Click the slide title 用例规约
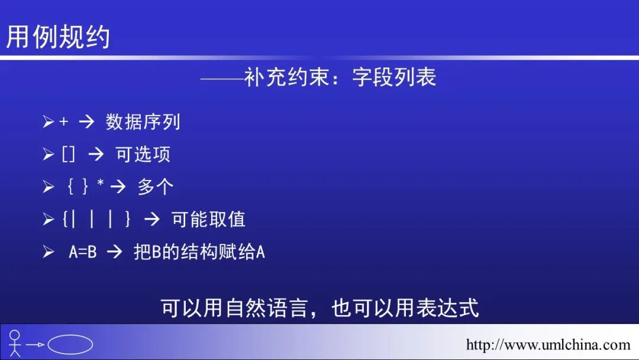[x=58, y=37]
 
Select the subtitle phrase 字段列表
[x=394, y=78]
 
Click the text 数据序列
[x=143, y=122]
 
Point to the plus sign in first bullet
[x=64, y=122]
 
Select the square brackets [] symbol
[x=69, y=155]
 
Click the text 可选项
[x=143, y=155]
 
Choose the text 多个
[x=156, y=187]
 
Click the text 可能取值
[x=208, y=220]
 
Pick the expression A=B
[x=82, y=252]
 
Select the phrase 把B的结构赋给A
[x=199, y=252]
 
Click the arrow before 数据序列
[x=86, y=122]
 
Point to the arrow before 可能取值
[x=152, y=220]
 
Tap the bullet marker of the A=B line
[x=48, y=252]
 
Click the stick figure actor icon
[x=15, y=343]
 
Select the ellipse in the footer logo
[x=70, y=344]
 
